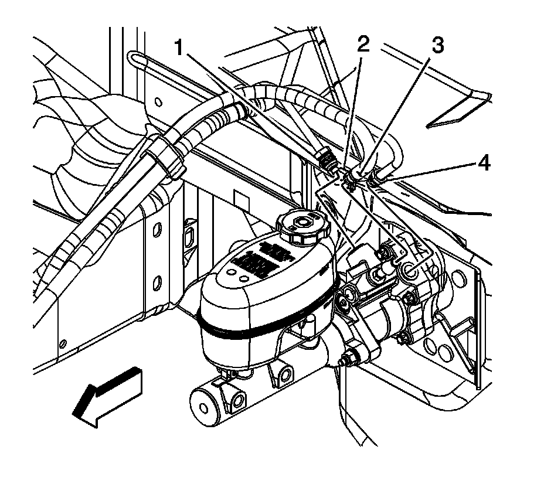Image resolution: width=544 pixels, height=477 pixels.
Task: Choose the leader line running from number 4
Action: click(431, 172)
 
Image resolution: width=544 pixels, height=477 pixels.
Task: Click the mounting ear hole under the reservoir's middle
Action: click(286, 373)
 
